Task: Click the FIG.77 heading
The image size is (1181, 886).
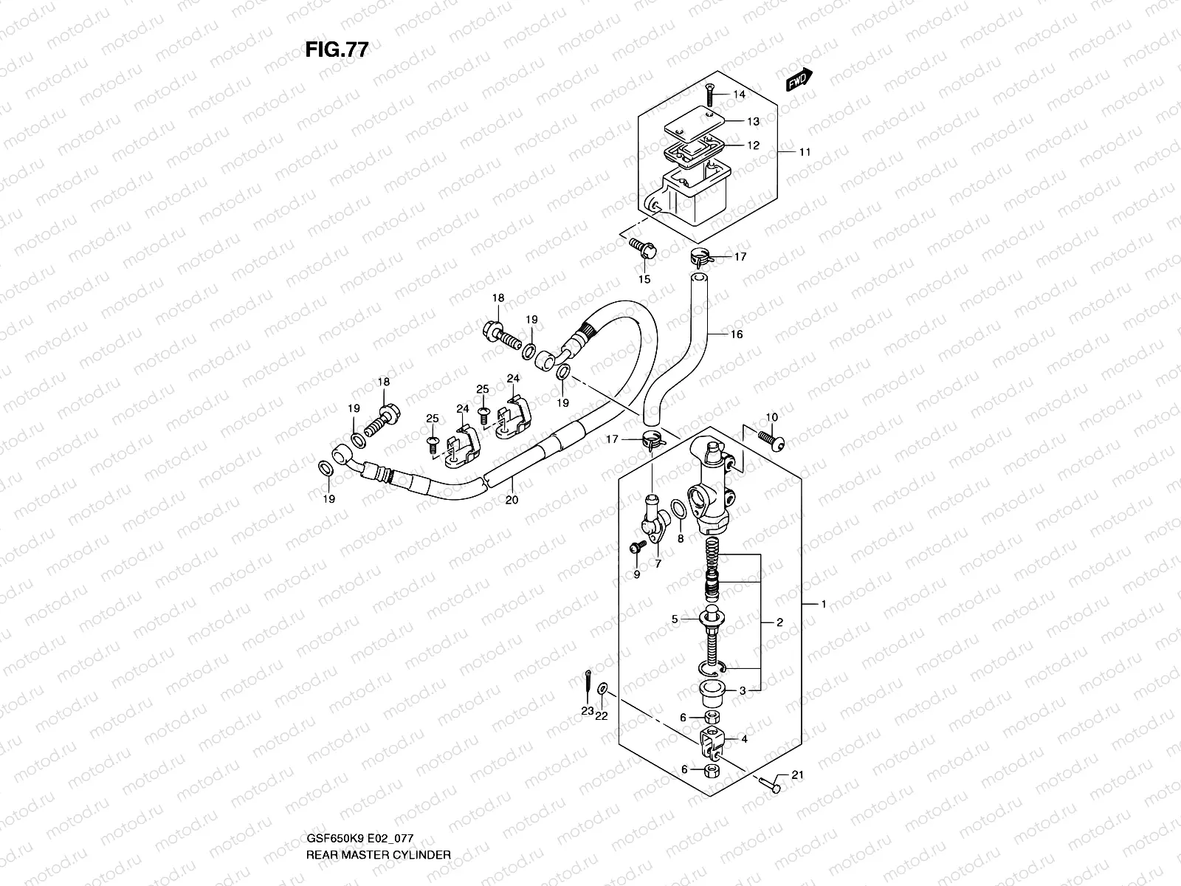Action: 337,49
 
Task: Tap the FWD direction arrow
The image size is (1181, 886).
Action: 799,79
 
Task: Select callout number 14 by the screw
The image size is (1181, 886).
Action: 739,95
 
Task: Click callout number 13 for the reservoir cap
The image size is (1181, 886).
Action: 753,121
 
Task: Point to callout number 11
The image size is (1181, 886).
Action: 805,152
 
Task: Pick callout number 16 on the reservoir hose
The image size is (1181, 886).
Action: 736,334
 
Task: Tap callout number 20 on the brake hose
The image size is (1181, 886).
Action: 512,500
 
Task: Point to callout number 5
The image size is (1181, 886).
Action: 675,619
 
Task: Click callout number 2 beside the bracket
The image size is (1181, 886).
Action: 779,622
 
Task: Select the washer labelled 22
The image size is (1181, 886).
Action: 603,689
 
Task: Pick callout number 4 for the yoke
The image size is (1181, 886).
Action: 744,738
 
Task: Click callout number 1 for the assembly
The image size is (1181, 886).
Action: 824,605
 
